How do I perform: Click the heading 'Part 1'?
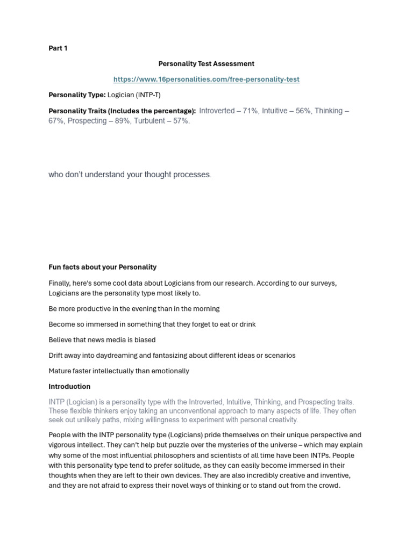point(58,48)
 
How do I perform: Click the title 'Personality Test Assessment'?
point(206,64)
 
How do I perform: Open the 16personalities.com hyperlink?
point(206,79)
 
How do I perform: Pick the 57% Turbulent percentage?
point(181,121)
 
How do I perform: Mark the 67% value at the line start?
point(56,121)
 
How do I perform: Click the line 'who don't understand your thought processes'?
point(130,175)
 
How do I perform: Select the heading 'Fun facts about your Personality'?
point(102,267)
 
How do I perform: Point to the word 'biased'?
point(145,340)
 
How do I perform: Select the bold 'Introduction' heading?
point(69,387)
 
